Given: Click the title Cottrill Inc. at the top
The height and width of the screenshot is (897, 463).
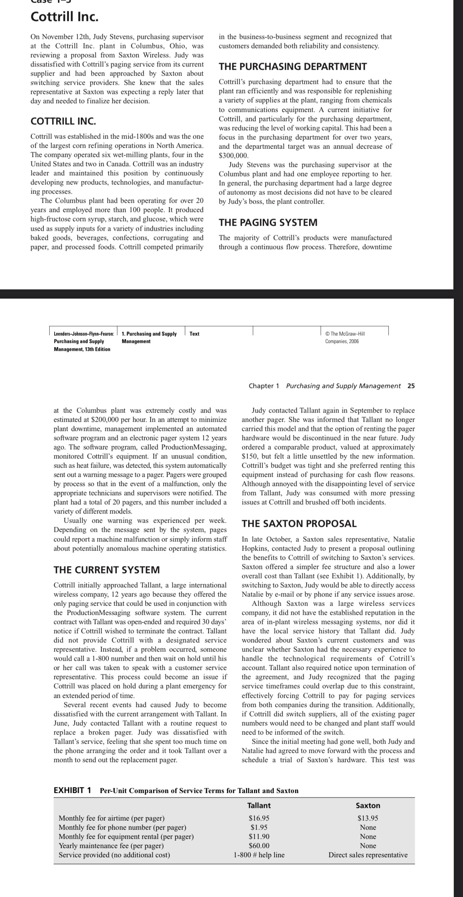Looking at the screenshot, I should tap(65, 17).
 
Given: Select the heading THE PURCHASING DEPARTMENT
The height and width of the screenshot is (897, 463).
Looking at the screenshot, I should tap(293, 66).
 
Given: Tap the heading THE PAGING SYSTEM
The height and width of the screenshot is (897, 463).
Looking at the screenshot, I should tap(268, 222).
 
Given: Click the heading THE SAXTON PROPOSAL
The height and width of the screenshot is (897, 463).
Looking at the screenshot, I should tap(299, 523).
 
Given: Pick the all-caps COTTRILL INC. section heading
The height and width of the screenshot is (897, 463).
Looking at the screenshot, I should tap(63, 122).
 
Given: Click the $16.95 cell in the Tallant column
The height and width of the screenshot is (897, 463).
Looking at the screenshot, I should tap(259, 818).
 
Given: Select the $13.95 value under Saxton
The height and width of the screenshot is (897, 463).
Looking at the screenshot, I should tap(368, 818).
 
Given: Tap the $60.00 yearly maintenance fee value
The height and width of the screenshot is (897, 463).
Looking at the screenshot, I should tap(259, 846).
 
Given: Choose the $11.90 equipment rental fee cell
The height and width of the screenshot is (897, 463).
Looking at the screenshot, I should tap(259, 837).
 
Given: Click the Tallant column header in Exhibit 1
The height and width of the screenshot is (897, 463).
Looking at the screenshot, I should tap(259, 806).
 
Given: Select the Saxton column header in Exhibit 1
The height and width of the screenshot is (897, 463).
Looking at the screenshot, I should tap(368, 806).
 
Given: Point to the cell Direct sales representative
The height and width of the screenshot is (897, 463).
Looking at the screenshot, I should tap(368, 855).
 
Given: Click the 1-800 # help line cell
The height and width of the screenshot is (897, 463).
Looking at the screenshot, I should tap(259, 855).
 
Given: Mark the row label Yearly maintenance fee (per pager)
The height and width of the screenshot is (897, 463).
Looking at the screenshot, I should tap(111, 846).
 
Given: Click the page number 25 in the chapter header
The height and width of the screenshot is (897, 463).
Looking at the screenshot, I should tap(411, 386).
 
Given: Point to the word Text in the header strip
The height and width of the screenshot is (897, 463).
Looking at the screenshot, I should tap(194, 334).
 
